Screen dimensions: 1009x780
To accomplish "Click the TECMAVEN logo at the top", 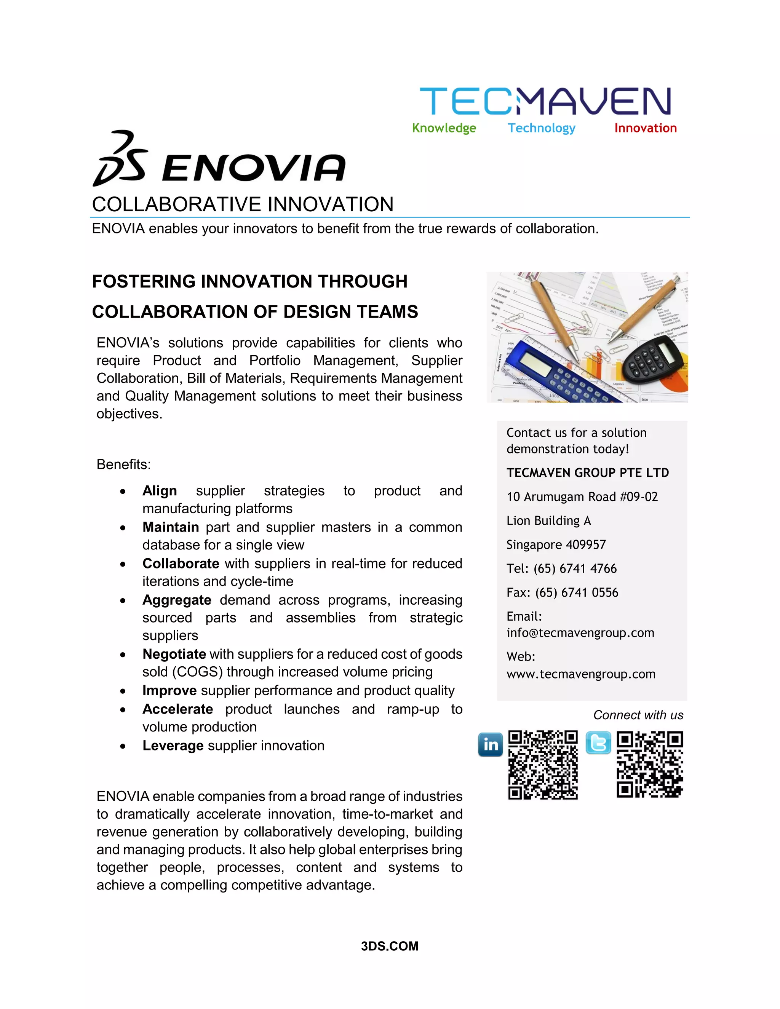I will (x=545, y=101).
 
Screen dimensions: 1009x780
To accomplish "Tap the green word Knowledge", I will (x=444, y=128).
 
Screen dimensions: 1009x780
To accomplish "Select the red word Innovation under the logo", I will (x=645, y=128).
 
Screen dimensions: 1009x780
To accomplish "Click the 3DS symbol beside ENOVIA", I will (x=120, y=158).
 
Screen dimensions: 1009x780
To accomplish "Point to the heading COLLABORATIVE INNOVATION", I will (x=243, y=204).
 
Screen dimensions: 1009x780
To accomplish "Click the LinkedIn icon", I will (x=490, y=744).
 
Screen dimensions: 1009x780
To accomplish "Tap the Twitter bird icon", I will (x=598, y=743).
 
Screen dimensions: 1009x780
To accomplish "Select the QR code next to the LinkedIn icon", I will (x=543, y=765).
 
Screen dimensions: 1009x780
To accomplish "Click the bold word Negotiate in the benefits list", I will (x=174, y=654).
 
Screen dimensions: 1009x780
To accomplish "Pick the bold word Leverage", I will (x=173, y=746).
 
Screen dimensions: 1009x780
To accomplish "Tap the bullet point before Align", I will (x=123, y=492).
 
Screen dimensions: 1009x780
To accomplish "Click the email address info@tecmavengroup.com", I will (x=580, y=633).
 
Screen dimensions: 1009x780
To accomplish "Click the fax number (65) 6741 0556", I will (x=576, y=593).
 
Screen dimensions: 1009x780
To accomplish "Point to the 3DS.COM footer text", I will (x=390, y=946).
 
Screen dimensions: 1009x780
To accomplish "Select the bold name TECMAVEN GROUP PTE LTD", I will (x=587, y=473).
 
